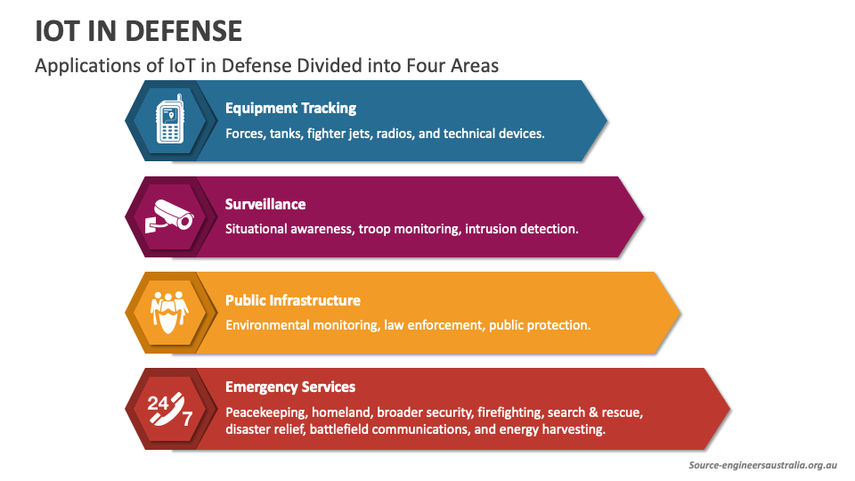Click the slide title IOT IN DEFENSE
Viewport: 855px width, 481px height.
click(139, 30)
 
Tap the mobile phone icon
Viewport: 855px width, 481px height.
click(169, 121)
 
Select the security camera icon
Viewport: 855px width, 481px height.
click(169, 216)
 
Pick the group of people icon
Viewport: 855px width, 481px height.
click(169, 313)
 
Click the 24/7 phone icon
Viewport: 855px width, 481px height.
click(169, 409)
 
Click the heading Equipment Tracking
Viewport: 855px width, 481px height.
click(290, 108)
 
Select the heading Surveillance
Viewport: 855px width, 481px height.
click(265, 204)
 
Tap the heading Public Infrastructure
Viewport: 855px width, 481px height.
click(292, 300)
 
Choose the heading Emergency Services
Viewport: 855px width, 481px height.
click(290, 387)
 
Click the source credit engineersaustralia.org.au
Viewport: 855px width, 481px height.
click(763, 465)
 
